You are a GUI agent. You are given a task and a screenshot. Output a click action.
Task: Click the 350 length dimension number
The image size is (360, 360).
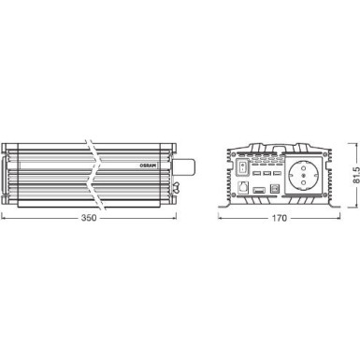[89, 218]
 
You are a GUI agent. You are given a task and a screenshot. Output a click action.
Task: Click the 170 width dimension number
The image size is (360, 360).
[279, 218]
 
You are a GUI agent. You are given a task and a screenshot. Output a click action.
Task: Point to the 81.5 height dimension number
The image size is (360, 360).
[356, 175]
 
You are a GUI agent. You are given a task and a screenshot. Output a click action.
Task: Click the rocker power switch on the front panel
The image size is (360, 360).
[242, 166]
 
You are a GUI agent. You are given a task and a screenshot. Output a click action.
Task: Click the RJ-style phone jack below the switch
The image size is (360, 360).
[242, 188]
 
